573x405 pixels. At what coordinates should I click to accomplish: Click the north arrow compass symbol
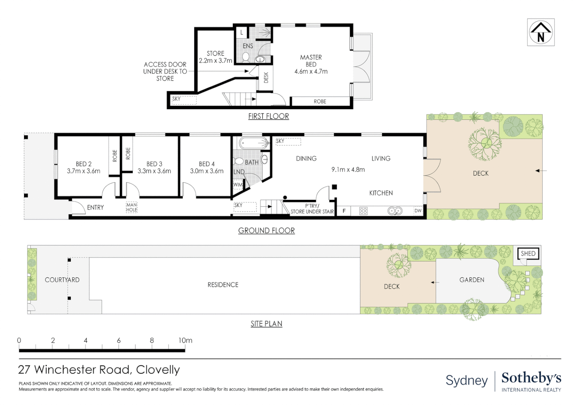pyautogui.click(x=540, y=32)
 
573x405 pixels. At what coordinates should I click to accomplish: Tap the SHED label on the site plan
pyautogui.click(x=528, y=253)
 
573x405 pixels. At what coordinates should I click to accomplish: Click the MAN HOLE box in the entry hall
pyautogui.click(x=132, y=207)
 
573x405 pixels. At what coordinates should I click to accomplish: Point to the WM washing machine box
pyautogui.click(x=238, y=184)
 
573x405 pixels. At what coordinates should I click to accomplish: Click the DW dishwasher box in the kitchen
pyautogui.click(x=418, y=211)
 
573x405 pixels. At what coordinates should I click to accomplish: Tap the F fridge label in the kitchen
pyautogui.click(x=344, y=211)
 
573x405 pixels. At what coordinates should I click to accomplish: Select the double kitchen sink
pyautogui.click(x=395, y=211)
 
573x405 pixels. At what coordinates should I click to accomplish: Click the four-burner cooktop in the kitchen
pyautogui.click(x=363, y=211)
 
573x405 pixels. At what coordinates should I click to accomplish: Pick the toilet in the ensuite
pyautogui.click(x=246, y=57)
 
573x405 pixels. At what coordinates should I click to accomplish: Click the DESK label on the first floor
pyautogui.click(x=266, y=78)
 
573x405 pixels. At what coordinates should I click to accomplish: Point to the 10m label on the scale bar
pyautogui.click(x=185, y=340)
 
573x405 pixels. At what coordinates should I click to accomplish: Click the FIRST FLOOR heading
pyautogui.click(x=268, y=116)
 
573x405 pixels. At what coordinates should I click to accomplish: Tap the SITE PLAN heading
pyautogui.click(x=266, y=324)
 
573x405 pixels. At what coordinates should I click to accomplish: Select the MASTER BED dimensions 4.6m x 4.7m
pyautogui.click(x=311, y=71)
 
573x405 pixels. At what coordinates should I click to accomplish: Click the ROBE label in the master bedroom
pyautogui.click(x=320, y=101)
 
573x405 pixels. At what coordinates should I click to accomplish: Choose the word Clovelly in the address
pyautogui.click(x=158, y=370)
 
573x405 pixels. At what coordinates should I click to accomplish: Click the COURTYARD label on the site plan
pyautogui.click(x=62, y=280)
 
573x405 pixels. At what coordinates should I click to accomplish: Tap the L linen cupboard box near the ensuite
pyautogui.click(x=241, y=33)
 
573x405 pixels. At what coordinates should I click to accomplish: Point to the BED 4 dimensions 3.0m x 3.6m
pyautogui.click(x=207, y=171)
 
